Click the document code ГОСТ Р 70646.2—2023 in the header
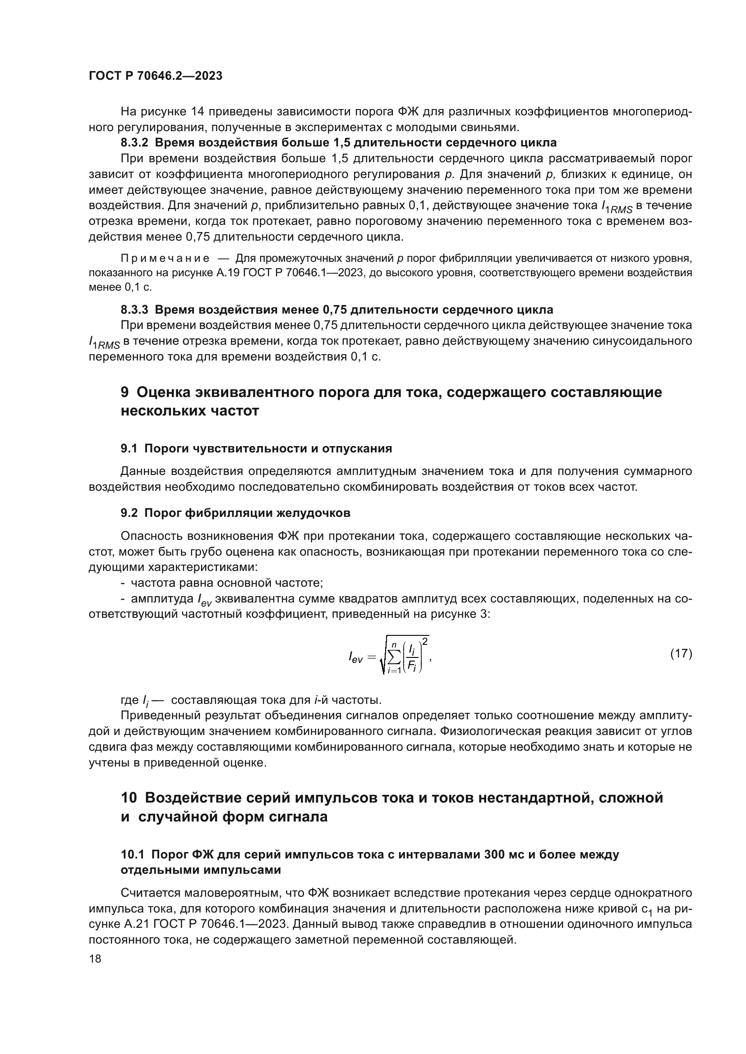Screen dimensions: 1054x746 (x=155, y=76)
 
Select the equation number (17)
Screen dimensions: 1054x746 (x=681, y=653)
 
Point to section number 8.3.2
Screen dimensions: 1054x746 (x=134, y=143)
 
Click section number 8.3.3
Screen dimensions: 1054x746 (x=134, y=310)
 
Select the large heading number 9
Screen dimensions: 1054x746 (x=125, y=392)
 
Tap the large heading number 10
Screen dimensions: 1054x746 (x=129, y=798)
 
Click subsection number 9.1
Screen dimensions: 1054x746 (x=129, y=448)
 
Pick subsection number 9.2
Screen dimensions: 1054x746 (x=129, y=513)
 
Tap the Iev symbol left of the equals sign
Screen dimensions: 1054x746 (x=355, y=658)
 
